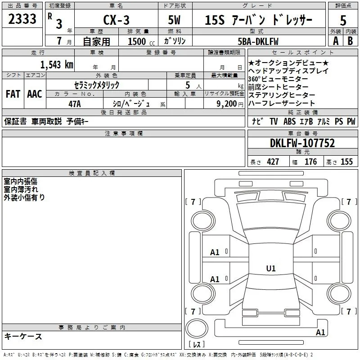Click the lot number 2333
point(22,19)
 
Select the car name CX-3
point(116,20)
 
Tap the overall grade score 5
point(343,20)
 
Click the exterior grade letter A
point(336,41)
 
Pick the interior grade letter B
point(350,41)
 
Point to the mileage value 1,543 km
point(57,65)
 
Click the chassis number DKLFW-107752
point(302,143)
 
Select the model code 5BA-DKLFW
point(258,41)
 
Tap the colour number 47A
point(75,104)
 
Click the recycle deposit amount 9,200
point(227,103)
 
